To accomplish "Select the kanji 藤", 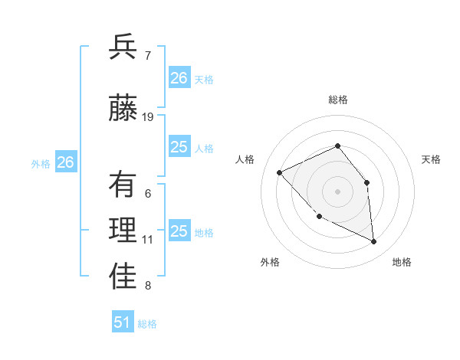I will tap(123, 109).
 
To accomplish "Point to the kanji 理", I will tap(123, 232).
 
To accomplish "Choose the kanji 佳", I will tap(123, 279).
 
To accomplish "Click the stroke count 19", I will tap(148, 117).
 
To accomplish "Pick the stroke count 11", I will tap(148, 240).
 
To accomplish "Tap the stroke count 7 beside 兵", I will tap(147, 55).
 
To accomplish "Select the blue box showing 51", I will tap(123, 322).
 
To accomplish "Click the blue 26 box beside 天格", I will tap(179, 78).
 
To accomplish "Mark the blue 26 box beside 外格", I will tap(66, 162).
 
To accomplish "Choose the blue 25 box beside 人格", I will tap(179, 147).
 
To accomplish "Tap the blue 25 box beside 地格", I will tap(179, 231).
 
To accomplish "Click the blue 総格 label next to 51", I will tap(147, 324).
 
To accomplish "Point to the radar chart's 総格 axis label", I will tap(337, 100).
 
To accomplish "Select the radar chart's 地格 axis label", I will tap(402, 263).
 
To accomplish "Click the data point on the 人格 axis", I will tap(280, 172).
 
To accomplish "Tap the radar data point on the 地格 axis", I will tap(373, 241).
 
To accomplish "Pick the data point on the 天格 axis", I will tap(366, 182).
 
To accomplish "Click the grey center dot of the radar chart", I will tap(337, 191).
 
